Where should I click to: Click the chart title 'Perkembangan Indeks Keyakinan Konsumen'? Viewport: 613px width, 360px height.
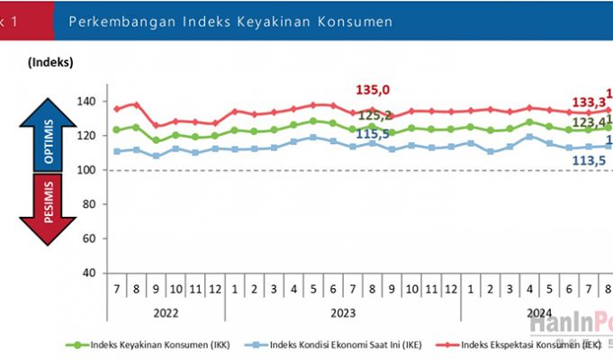(x=230, y=21)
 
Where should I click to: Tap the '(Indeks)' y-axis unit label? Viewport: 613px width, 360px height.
(x=50, y=62)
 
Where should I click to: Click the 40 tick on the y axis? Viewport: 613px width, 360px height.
(x=89, y=273)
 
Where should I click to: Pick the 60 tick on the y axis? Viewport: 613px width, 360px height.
(x=89, y=238)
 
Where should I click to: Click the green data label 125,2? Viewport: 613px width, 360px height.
(x=375, y=116)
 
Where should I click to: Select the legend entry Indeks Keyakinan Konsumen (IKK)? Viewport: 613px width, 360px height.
(x=154, y=345)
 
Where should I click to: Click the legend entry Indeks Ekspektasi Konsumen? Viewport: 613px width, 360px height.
(x=531, y=345)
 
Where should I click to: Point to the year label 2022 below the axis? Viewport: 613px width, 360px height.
(x=165, y=313)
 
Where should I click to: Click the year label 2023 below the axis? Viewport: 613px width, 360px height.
(x=342, y=313)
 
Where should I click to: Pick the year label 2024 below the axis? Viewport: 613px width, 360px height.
(x=538, y=313)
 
